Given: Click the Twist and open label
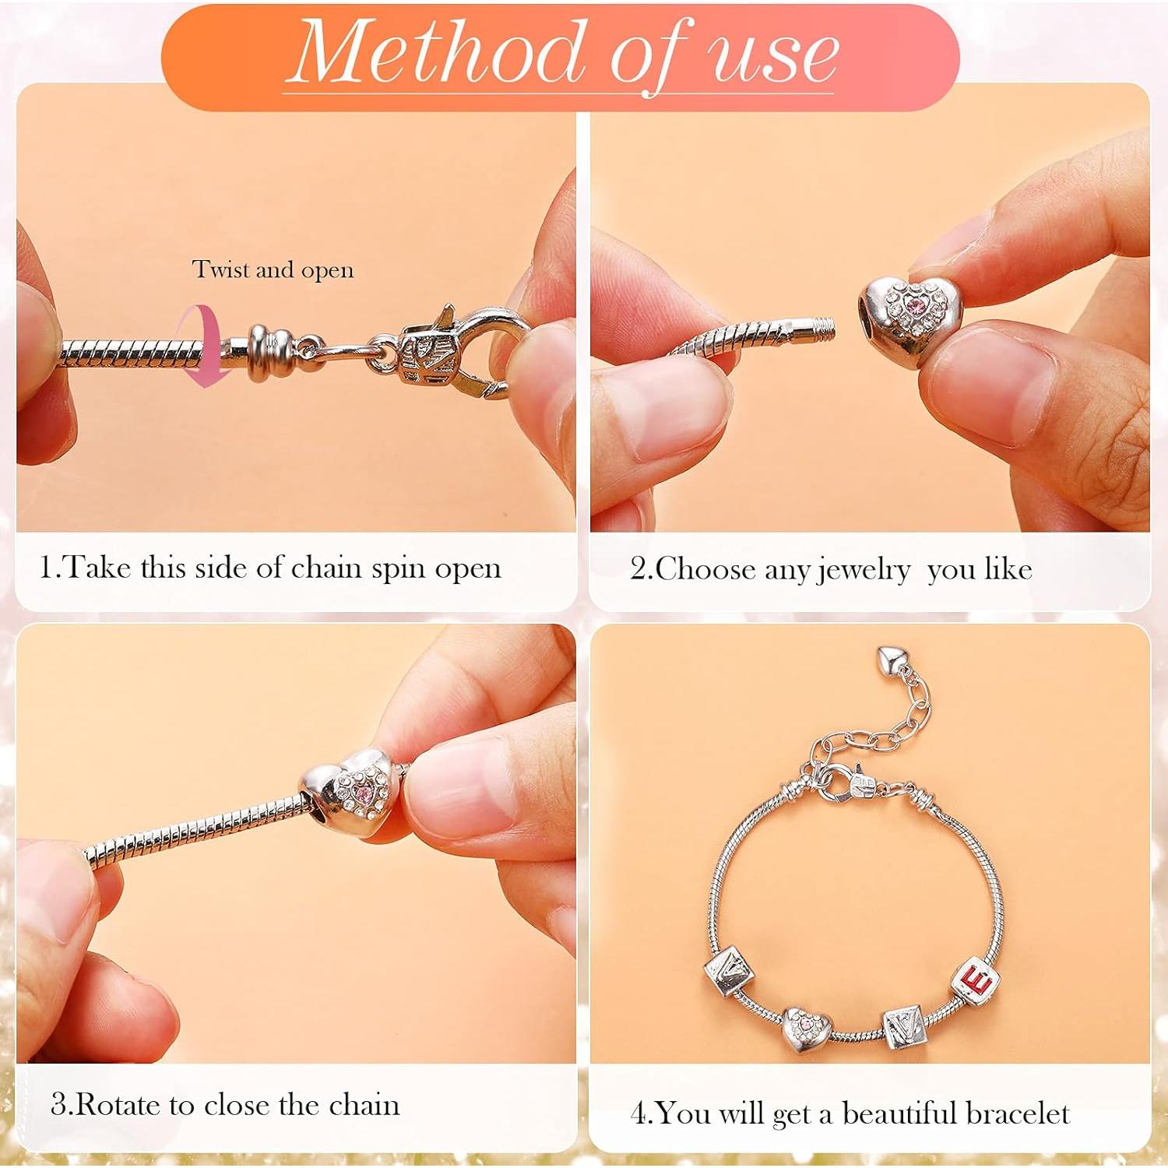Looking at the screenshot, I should tap(273, 269).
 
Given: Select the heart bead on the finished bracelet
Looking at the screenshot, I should tap(807, 1029).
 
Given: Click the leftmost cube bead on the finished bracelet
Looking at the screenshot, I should tap(730, 970).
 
